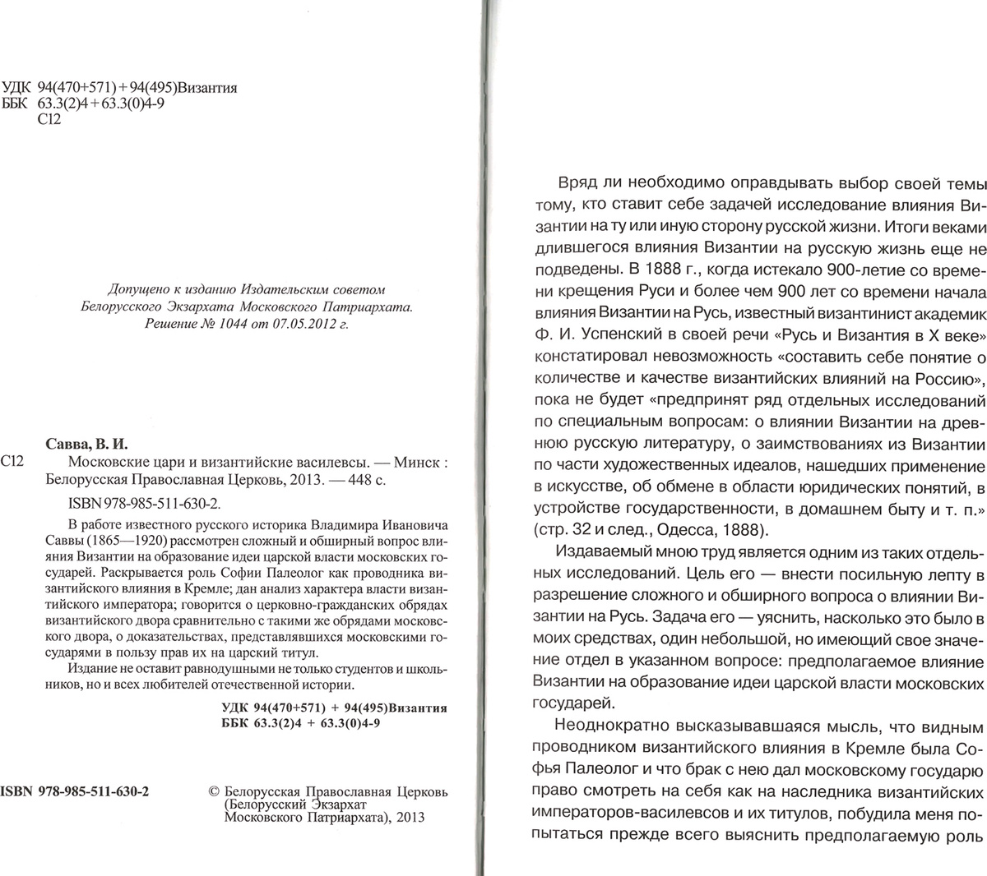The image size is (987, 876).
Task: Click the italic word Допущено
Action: tap(137, 289)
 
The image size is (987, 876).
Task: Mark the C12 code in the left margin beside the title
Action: tap(14, 461)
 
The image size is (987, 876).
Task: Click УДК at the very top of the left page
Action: tap(16, 88)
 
